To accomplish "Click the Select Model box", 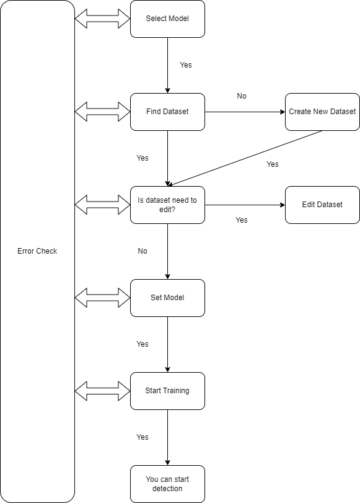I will (167, 19).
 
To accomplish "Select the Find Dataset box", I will (167, 112).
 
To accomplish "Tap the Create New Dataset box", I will (322, 112).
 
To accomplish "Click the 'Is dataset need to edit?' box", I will (167, 205).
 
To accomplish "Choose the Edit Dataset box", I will (322, 205).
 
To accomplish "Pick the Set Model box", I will (167, 298).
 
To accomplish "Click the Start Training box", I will (167, 391).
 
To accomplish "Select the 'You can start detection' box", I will (167, 484).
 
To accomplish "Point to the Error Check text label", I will (37, 251).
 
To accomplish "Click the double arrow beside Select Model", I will (102, 19).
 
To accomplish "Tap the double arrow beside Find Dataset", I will (102, 112).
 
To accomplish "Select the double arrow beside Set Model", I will (102, 298).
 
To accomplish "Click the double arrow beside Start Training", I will (102, 391).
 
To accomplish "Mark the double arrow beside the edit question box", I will (102, 205).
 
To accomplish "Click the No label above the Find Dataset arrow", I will (242, 96).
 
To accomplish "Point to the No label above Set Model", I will (143, 251).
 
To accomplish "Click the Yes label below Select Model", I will (185, 65).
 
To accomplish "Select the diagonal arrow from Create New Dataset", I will (245, 158).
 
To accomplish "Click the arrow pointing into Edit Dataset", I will (245, 205).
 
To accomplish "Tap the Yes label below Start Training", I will (143, 437).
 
